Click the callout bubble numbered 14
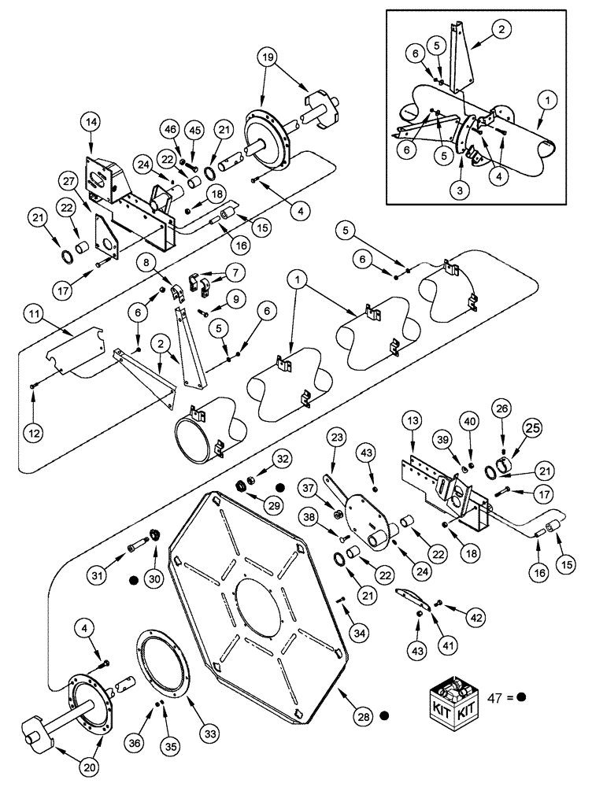click(x=90, y=122)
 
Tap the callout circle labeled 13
click(x=413, y=423)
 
